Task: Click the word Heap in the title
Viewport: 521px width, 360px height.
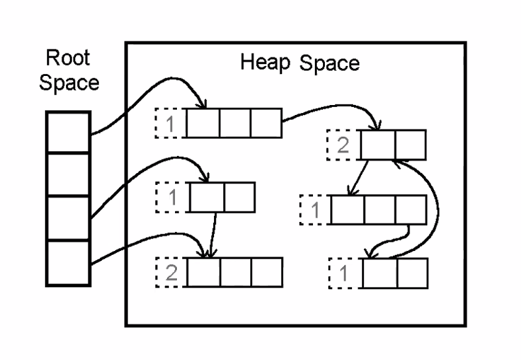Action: point(265,65)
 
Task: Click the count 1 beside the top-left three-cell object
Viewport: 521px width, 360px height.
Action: point(171,124)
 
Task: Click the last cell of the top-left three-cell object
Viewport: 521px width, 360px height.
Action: point(266,124)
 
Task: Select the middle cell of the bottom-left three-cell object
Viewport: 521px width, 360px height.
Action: point(234,271)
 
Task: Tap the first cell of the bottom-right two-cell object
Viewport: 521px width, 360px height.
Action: point(379,271)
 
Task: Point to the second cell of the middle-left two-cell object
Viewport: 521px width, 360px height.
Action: point(238,197)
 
